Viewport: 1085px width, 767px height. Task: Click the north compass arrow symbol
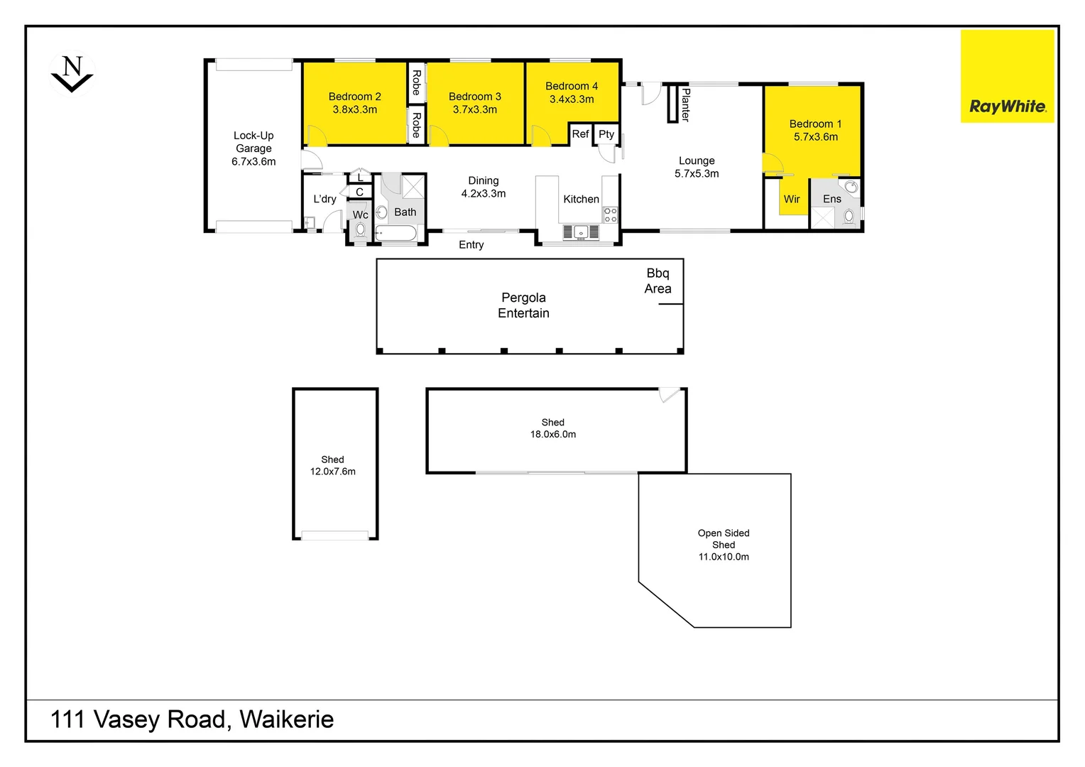click(x=72, y=75)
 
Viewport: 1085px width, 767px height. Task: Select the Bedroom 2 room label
click(x=354, y=97)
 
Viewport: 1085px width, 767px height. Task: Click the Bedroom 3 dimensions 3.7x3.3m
click(x=474, y=110)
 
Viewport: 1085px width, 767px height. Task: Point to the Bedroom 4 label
click(x=571, y=86)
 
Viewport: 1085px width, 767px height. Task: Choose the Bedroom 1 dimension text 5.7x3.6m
click(x=815, y=137)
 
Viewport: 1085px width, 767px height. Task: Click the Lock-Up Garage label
click(x=253, y=142)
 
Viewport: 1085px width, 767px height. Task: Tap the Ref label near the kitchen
click(x=580, y=134)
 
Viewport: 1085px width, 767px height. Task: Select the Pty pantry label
click(x=606, y=134)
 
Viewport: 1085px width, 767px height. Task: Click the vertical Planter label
click(x=685, y=104)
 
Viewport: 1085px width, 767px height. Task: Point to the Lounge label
click(x=696, y=161)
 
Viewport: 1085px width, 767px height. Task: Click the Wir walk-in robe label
click(x=791, y=200)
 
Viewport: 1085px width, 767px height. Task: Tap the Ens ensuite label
click(x=832, y=200)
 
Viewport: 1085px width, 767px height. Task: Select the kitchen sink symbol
click(x=581, y=232)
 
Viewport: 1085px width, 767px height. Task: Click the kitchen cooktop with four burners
click(x=610, y=215)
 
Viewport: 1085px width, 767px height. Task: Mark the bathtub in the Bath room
click(x=396, y=234)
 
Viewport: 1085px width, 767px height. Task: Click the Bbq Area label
click(x=658, y=281)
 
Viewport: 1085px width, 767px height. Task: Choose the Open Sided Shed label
click(x=723, y=539)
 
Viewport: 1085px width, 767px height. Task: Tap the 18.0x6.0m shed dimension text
click(x=552, y=435)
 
